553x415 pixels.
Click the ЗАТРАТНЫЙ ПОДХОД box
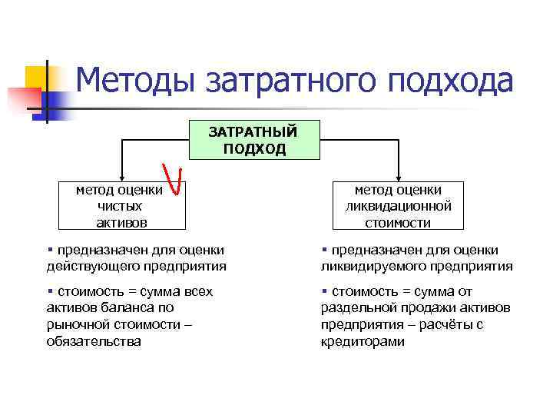tap(254, 140)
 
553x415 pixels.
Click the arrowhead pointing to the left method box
tap(120, 177)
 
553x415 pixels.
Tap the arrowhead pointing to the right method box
tap(398, 177)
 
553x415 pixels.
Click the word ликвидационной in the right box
tap(398, 206)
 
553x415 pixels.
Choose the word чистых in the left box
tap(120, 206)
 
